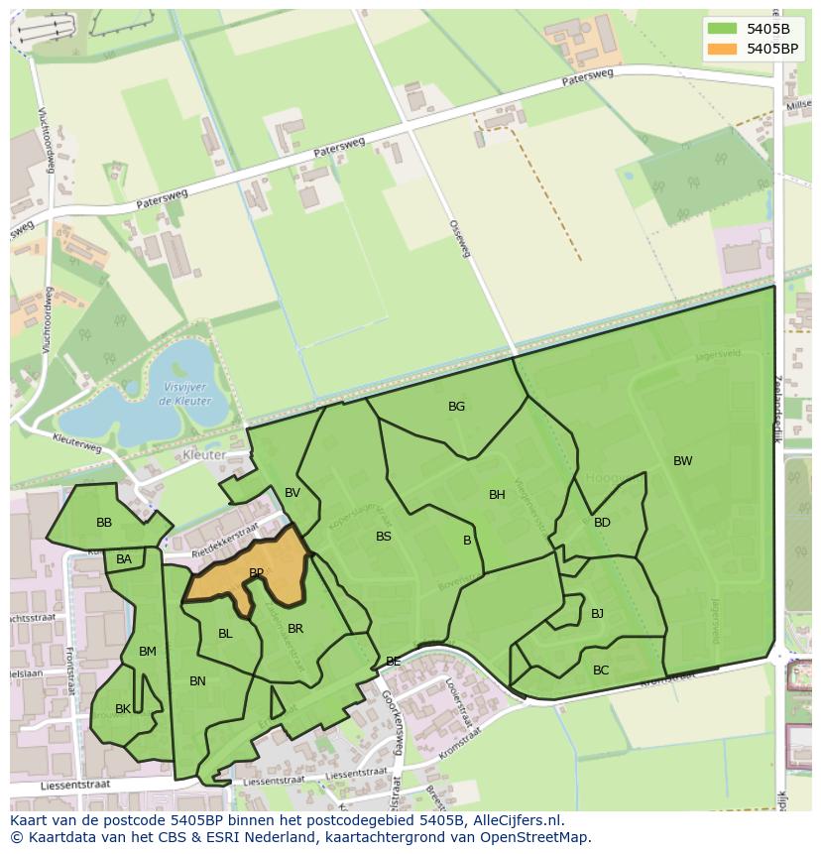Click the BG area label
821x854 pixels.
click(x=456, y=407)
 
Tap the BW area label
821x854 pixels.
click(x=682, y=461)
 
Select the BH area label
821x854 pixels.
click(x=497, y=495)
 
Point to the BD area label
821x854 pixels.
click(x=602, y=523)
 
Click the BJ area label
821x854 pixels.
click(x=597, y=614)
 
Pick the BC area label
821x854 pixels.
click(x=601, y=671)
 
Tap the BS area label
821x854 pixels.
click(x=384, y=537)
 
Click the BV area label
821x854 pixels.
click(x=293, y=493)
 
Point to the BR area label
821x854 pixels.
click(x=295, y=629)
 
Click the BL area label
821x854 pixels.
click(x=225, y=634)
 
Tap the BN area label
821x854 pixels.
click(x=197, y=681)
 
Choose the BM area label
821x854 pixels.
click(x=148, y=652)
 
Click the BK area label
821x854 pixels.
click(x=123, y=709)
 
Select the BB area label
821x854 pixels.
click(x=104, y=523)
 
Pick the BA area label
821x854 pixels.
click(x=124, y=560)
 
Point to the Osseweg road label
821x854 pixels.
click(x=459, y=239)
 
